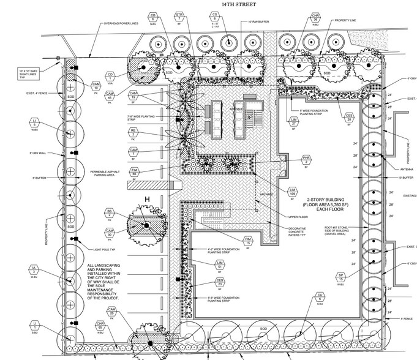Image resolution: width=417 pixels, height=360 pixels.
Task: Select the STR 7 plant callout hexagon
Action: pyautogui.click(x=179, y=17)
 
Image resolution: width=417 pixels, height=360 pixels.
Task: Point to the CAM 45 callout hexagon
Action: pyautogui.click(x=110, y=95)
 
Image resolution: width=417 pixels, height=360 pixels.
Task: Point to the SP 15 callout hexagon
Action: pyautogui.click(x=342, y=276)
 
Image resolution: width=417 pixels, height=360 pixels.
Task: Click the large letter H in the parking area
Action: pyautogui.click(x=147, y=199)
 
